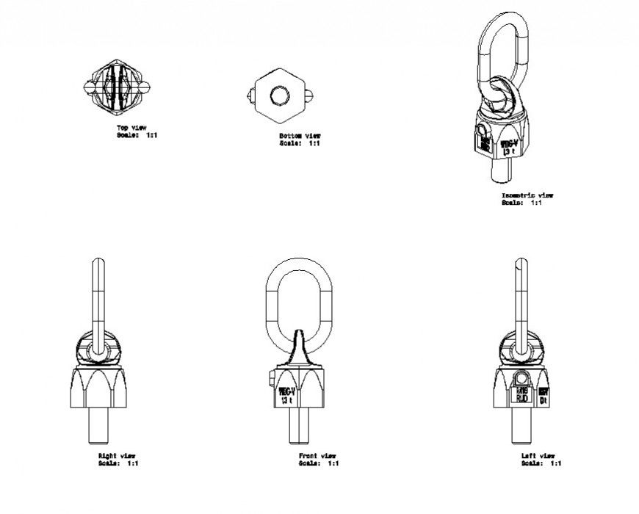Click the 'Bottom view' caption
point(299,136)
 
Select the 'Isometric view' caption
point(527,195)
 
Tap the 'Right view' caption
point(116,456)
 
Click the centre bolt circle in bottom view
point(279,95)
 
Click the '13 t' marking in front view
point(286,401)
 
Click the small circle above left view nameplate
point(521,379)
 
